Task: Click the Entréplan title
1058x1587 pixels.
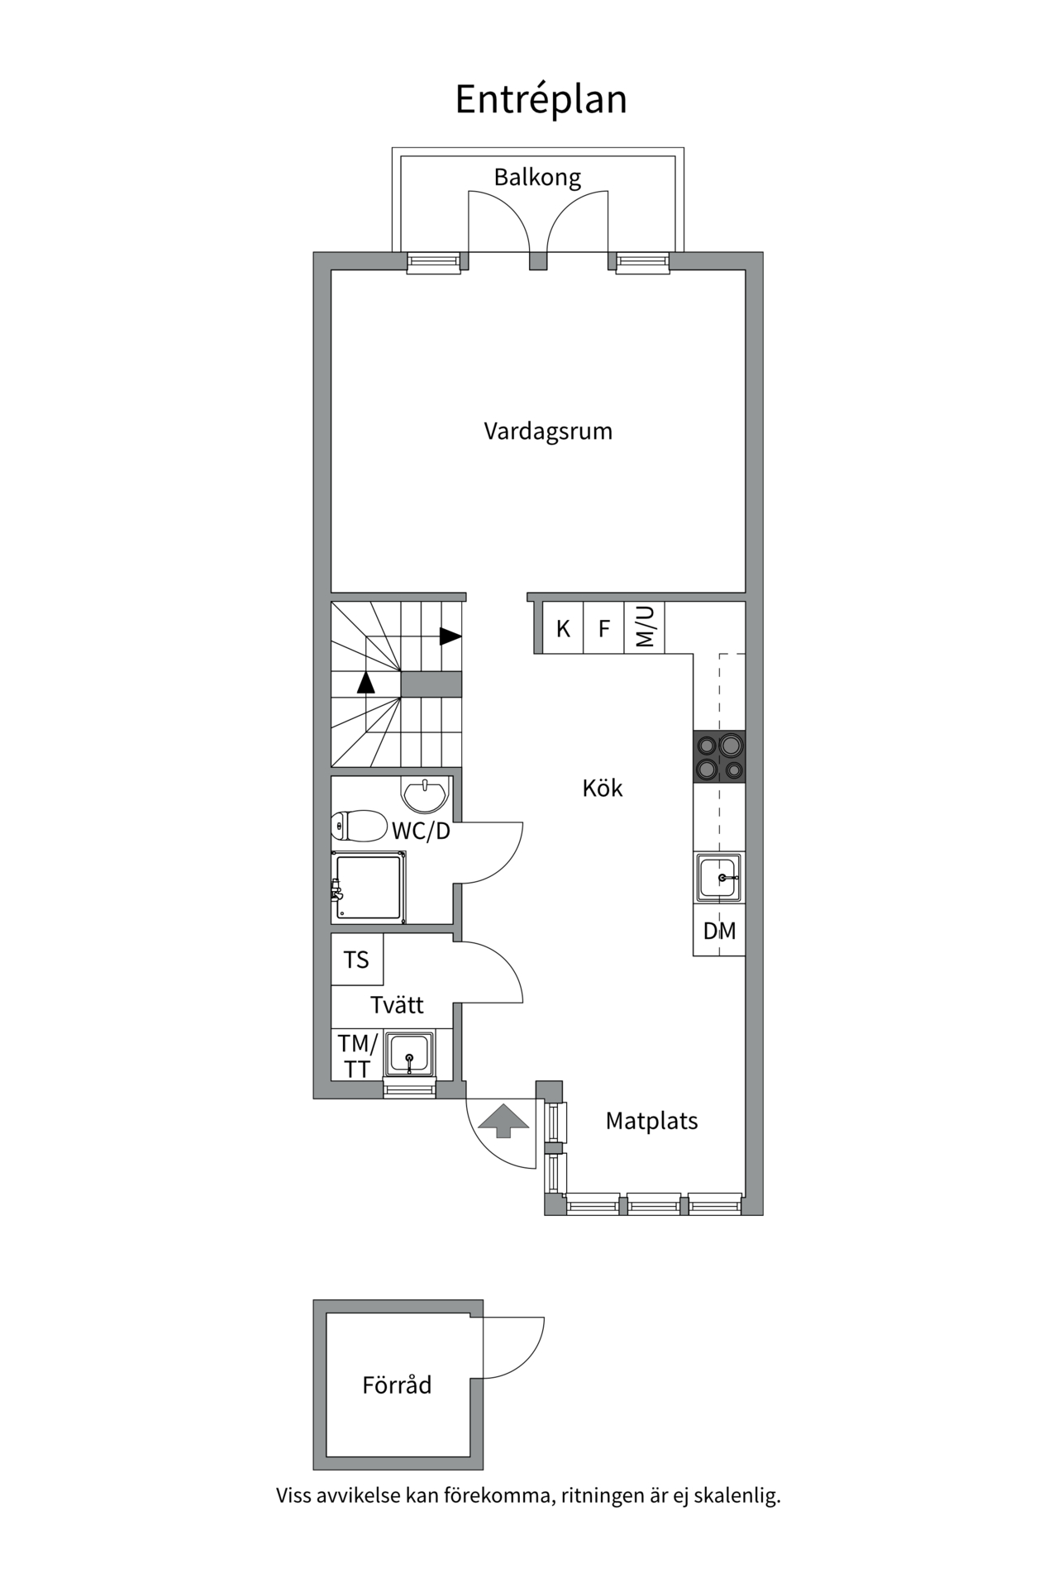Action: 541,99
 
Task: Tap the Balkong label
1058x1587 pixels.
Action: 537,177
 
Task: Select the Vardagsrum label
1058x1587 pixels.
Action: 548,431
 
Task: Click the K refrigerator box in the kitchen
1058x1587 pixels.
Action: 563,629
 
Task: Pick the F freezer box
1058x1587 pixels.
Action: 604,629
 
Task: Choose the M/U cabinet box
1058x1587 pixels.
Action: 645,627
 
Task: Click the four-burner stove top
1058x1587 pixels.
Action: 719,757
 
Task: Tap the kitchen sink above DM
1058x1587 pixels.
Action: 718,877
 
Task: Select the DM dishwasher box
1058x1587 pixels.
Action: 719,932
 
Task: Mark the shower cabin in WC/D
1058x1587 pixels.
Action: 369,889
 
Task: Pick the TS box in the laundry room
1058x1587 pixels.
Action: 356,960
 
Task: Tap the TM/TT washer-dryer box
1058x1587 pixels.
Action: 357,1056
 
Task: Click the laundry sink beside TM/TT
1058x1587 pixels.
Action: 409,1054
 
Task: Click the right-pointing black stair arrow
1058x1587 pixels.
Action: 450,636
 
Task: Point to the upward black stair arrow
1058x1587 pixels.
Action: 365,682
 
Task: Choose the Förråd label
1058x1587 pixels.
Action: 397,1384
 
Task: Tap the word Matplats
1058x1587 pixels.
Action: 651,1121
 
